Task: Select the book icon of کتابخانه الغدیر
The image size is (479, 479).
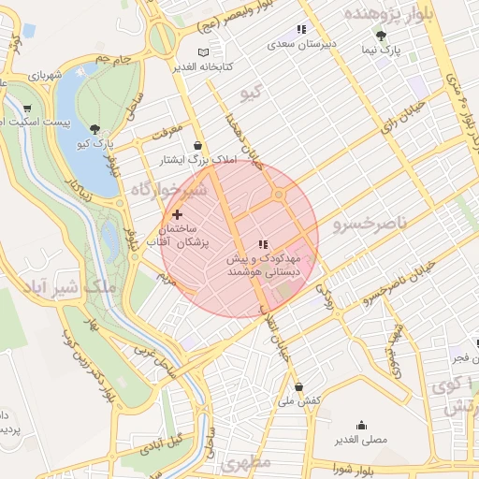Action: click(205, 52)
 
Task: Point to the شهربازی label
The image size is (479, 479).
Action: click(46, 74)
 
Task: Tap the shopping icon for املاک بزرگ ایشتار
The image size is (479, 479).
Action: click(197, 146)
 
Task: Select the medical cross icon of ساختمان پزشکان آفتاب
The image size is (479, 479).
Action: click(177, 215)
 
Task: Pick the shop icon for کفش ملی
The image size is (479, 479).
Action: click(298, 386)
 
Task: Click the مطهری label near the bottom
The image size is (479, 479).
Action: click(247, 463)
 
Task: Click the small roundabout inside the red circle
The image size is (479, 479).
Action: click(279, 196)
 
